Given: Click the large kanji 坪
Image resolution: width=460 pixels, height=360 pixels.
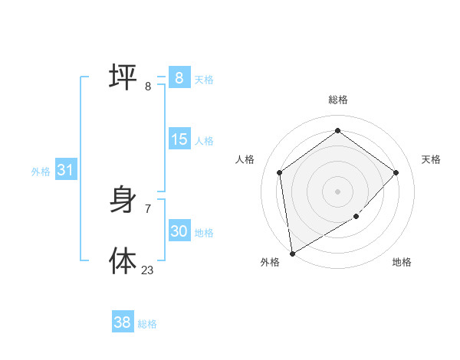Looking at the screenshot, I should [x=123, y=77].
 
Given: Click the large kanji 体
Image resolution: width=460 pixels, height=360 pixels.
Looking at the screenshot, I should [x=123, y=260].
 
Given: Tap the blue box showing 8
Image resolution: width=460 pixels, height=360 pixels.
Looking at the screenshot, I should [x=179, y=77].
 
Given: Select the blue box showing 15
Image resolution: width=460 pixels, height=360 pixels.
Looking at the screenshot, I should [x=179, y=139].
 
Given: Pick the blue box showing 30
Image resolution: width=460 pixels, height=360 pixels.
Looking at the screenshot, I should [x=179, y=231].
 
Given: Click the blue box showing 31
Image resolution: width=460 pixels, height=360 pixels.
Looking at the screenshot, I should [x=65, y=170].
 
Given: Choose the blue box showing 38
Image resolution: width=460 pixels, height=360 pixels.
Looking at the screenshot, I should [x=123, y=322].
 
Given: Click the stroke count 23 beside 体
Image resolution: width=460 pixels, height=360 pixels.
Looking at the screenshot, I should [x=147, y=270].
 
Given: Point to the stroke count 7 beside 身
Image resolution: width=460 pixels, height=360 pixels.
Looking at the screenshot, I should [x=147, y=208].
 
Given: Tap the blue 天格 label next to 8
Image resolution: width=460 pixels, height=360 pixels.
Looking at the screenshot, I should [x=204, y=79].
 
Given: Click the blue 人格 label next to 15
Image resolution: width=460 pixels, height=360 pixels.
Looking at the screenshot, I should [x=204, y=140].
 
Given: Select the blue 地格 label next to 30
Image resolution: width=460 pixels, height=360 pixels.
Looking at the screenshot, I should [x=204, y=233].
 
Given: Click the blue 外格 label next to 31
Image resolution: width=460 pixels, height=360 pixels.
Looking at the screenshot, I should [x=41, y=172].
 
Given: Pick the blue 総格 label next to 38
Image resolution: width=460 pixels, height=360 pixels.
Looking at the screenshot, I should [x=147, y=324].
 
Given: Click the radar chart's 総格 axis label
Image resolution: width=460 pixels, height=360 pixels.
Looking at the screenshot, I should [x=338, y=100].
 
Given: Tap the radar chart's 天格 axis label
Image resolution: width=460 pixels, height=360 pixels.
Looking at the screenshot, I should [x=431, y=159].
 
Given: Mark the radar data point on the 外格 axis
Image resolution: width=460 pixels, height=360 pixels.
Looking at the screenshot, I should [x=292, y=253].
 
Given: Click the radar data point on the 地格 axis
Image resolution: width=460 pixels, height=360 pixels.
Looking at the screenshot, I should [x=356, y=217].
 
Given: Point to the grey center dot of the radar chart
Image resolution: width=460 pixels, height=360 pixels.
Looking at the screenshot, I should [x=337, y=191].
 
